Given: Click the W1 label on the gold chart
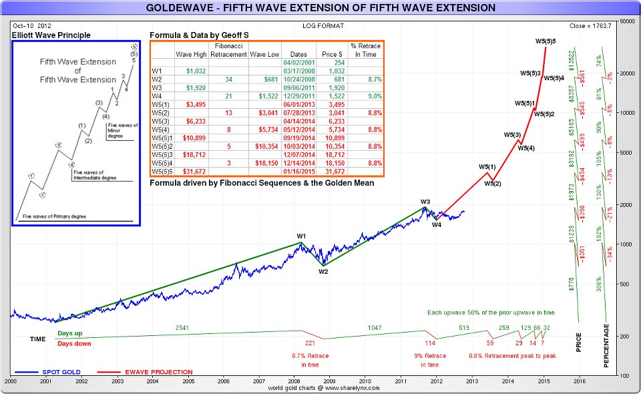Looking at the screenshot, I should click(x=301, y=236).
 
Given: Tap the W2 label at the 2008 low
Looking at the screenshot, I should click(x=323, y=271).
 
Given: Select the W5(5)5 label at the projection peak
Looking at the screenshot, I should click(x=546, y=41).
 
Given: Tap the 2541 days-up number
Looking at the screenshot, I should click(x=182, y=327).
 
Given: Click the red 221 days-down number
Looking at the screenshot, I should click(x=309, y=343).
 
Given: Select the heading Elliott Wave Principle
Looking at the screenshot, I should click(x=51, y=35).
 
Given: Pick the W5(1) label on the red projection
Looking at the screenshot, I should click(x=487, y=166).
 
